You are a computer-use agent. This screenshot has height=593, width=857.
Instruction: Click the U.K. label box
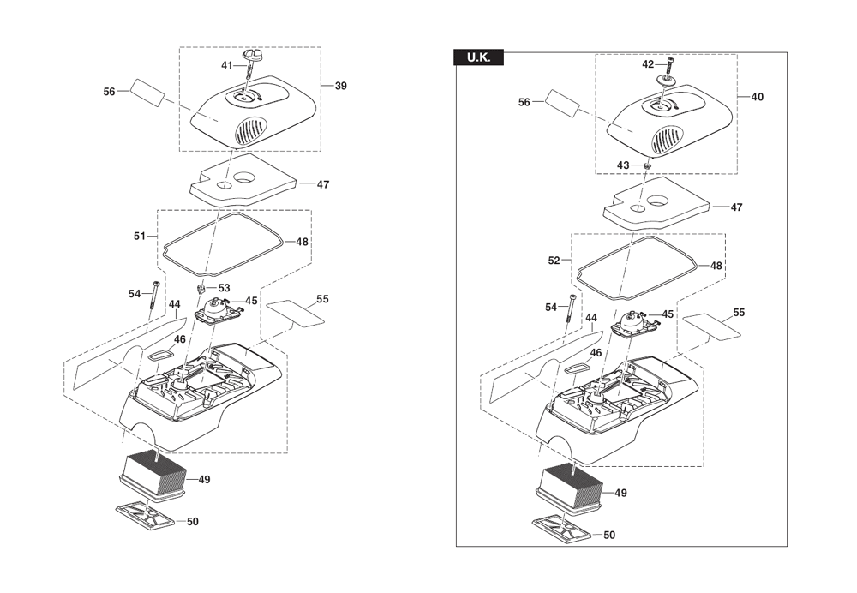click(479, 57)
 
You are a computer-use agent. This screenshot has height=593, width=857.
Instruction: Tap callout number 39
click(340, 86)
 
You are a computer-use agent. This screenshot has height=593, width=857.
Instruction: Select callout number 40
click(757, 97)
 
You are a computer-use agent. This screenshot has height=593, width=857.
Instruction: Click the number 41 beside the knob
click(227, 66)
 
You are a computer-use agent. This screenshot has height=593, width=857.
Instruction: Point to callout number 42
click(648, 64)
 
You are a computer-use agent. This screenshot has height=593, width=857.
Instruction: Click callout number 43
click(623, 165)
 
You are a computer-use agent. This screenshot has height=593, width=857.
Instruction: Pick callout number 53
click(224, 288)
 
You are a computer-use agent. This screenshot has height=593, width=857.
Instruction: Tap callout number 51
click(140, 237)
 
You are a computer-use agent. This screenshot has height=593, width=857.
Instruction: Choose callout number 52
click(554, 261)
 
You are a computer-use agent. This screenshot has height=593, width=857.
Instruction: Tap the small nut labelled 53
click(201, 287)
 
